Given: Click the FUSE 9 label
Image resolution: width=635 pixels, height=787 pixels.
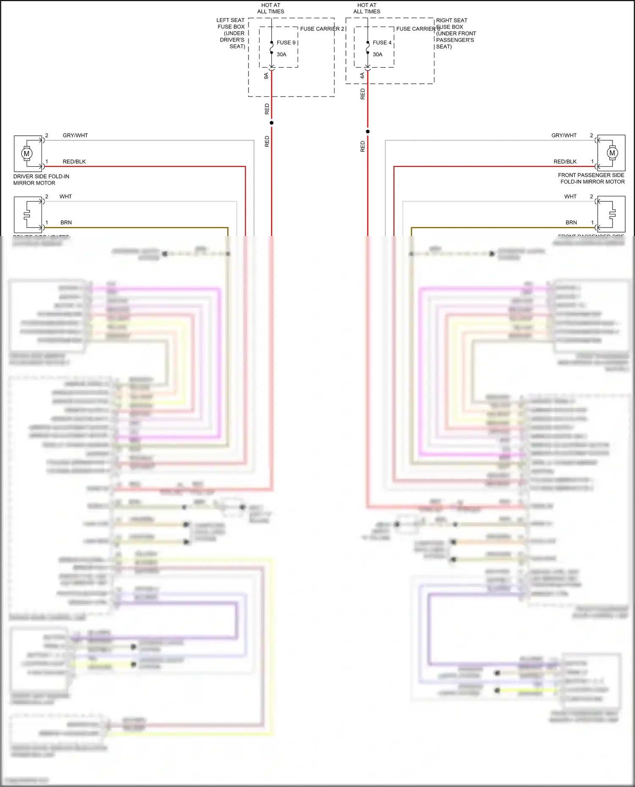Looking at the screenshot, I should point(286,43).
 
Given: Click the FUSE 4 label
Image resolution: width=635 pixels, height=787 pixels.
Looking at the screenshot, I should point(382,43).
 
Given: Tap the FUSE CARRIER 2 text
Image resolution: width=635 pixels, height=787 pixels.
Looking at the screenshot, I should point(322,29).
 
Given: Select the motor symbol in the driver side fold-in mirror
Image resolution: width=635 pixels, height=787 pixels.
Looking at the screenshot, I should point(27,154).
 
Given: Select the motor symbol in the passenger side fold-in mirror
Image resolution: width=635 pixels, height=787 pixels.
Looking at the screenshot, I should point(612,153).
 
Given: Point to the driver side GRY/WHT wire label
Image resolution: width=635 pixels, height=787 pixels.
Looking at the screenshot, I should point(75,135).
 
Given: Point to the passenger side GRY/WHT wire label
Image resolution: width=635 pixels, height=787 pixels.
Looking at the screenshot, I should point(563,135).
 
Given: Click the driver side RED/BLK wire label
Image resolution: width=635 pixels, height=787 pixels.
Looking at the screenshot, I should point(74,162).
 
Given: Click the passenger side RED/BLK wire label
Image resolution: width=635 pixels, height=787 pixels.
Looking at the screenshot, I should point(565,162).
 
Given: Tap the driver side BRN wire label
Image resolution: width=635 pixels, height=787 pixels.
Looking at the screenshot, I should point(66,222).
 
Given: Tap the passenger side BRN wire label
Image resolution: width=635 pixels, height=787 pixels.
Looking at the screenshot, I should point(571,222).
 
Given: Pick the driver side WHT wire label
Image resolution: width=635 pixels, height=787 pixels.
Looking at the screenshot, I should point(66,197).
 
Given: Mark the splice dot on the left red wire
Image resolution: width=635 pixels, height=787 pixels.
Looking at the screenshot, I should point(271,123).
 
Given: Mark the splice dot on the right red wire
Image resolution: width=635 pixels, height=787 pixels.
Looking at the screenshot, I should point(367,132).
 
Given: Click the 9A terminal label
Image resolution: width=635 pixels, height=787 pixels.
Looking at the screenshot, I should point(266,76).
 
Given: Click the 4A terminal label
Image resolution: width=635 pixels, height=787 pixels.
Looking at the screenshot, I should point(362,76).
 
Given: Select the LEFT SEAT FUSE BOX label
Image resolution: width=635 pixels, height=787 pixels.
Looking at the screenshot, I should point(231,33).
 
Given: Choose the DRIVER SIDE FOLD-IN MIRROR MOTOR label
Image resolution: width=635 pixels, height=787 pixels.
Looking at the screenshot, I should point(41,180).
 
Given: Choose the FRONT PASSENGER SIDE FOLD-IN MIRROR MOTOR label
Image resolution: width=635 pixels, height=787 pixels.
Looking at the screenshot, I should point(591,178).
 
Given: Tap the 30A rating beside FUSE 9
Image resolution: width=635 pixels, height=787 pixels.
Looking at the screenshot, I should point(282,55).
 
